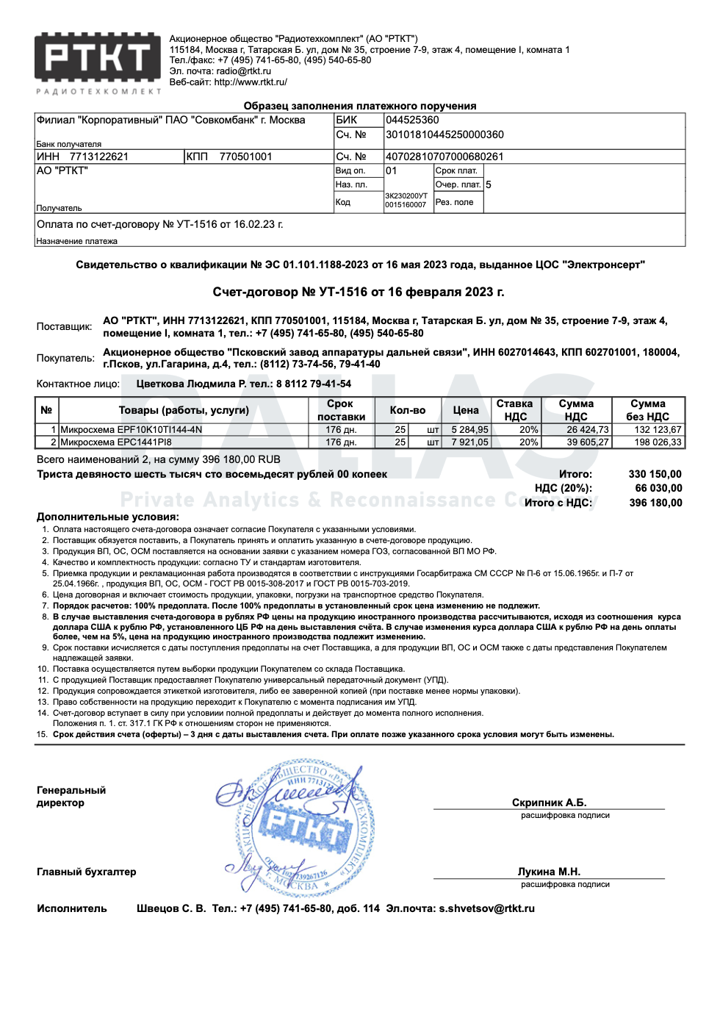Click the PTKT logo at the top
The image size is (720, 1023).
(98, 59)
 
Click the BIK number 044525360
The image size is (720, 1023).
(412, 120)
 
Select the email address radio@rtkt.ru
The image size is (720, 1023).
(243, 71)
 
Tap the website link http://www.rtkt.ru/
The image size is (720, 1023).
(250, 82)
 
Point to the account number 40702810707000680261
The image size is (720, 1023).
(444, 157)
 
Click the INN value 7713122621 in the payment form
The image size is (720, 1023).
(99, 157)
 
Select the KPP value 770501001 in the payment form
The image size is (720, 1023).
(245, 157)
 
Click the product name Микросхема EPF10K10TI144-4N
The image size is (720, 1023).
(131, 430)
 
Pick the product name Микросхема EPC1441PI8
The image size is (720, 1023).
(115, 442)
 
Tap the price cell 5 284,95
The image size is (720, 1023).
(469, 430)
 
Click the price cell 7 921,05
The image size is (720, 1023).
(469, 442)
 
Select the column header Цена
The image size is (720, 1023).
(466, 410)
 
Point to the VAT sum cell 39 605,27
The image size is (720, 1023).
(587, 442)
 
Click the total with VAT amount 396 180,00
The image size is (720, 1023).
(655, 503)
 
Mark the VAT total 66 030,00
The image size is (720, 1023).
(658, 488)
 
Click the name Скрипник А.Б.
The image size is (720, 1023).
(549, 803)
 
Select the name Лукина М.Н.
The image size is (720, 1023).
(549, 872)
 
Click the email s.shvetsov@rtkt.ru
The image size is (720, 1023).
(486, 908)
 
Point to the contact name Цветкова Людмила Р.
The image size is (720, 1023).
(191, 384)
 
